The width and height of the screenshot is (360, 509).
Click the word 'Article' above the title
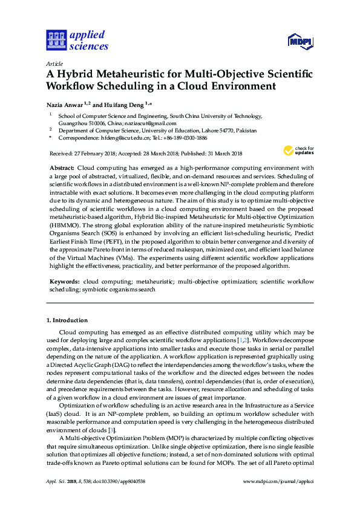[x=54, y=63]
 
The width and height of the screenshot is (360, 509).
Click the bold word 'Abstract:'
[x=61, y=167]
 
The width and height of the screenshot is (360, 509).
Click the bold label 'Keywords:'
[x=64, y=282]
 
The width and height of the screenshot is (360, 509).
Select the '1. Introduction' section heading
[x=67, y=320]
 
